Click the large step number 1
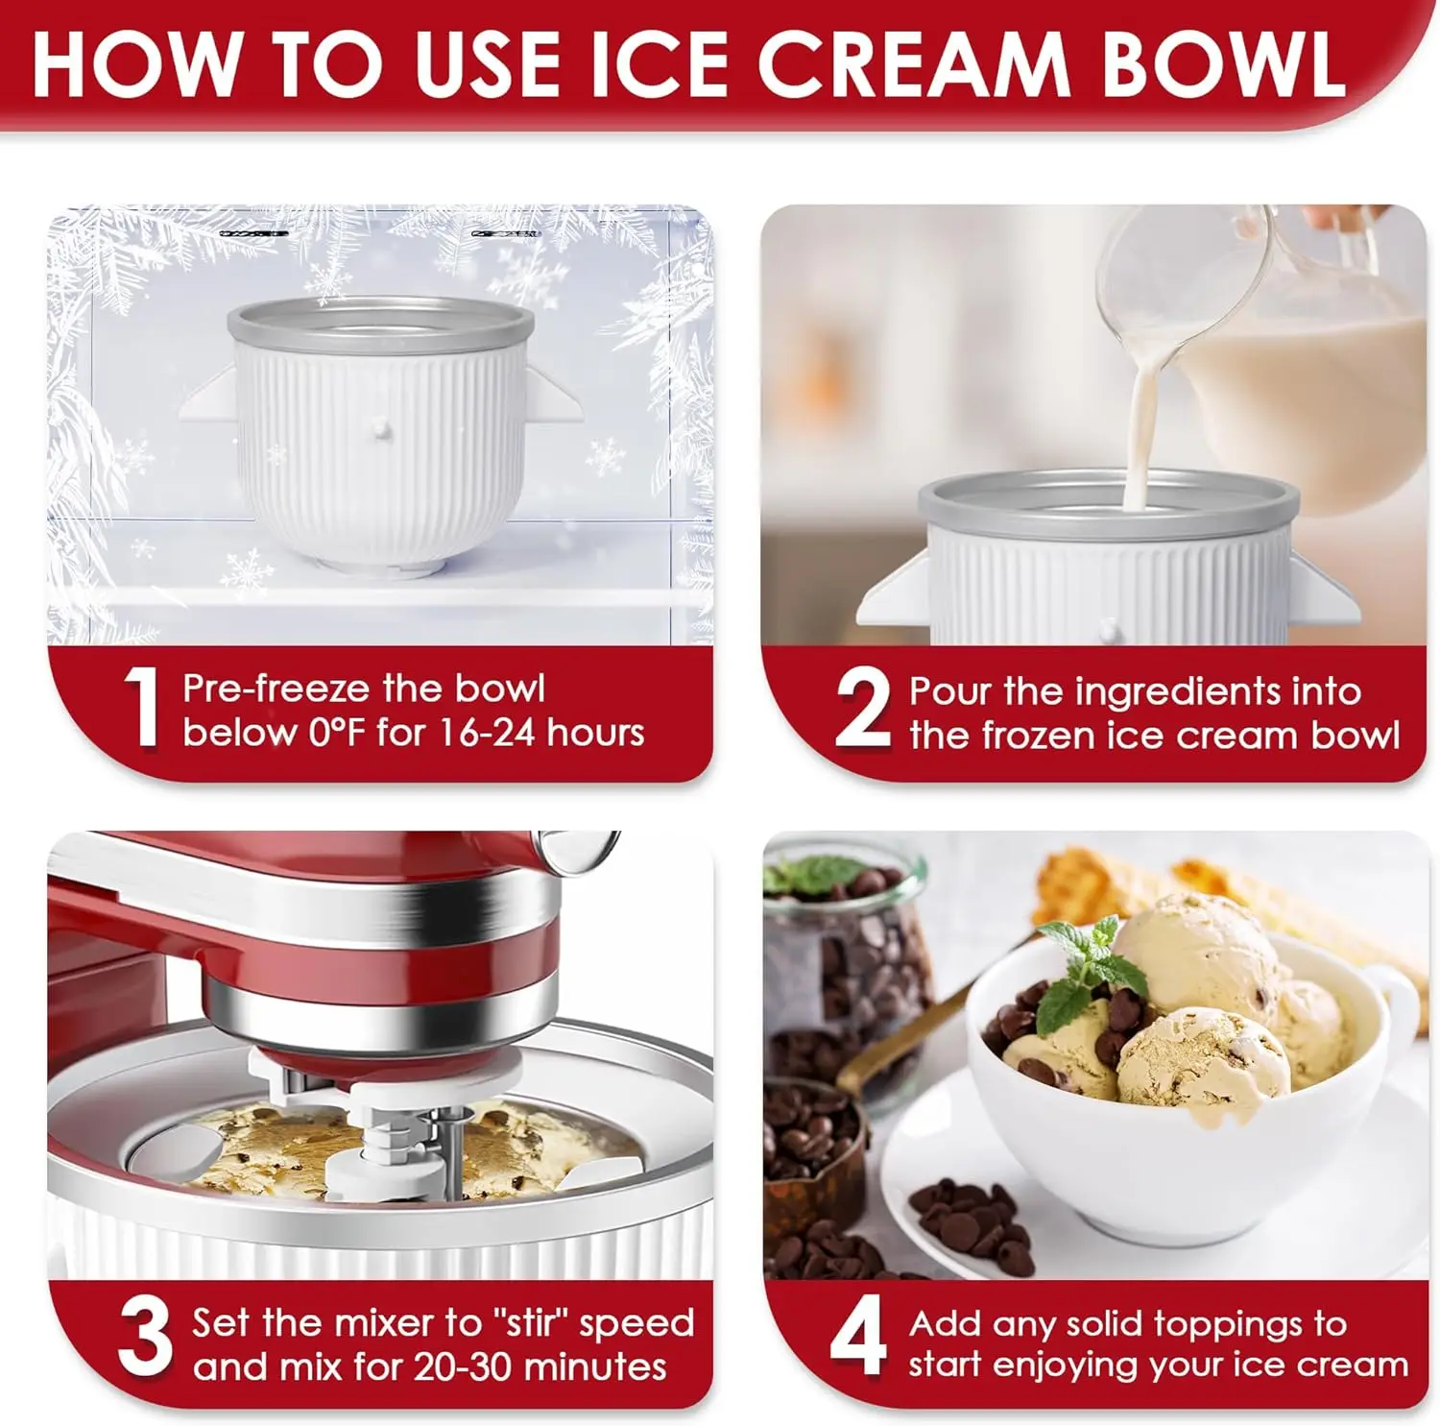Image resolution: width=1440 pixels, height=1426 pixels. (142, 708)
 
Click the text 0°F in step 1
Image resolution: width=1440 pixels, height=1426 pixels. (339, 734)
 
